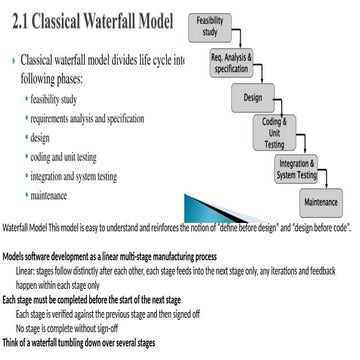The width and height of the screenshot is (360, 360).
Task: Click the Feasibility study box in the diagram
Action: tap(209, 26)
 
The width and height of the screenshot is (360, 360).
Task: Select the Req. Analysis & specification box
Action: tap(231, 64)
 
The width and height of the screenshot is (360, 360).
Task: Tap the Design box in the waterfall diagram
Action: tap(252, 98)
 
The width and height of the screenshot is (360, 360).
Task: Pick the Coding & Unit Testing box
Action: tap(274, 134)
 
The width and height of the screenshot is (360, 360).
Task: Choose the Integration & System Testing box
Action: tap(297, 170)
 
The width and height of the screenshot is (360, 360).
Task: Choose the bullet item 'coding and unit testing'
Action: tap(88, 157)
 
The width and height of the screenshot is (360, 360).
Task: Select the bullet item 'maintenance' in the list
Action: tap(69, 194)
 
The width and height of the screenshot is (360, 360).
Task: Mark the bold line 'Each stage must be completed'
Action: tap(90, 299)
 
